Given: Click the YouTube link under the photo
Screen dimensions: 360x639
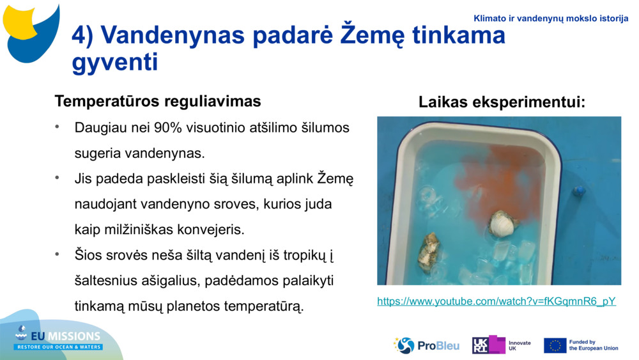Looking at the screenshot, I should (x=496, y=301).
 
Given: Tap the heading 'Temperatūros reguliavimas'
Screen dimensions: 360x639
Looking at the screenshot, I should (x=158, y=102).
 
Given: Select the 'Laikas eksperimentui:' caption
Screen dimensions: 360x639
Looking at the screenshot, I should (x=502, y=102).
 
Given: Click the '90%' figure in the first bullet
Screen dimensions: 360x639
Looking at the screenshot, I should (x=167, y=127).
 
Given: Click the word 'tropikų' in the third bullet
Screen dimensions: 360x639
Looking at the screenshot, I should (x=304, y=255).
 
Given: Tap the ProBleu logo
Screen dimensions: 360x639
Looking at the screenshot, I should (x=426, y=345).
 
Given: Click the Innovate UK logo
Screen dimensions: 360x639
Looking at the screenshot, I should (x=501, y=345).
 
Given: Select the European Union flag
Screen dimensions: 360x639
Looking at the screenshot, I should (x=555, y=345).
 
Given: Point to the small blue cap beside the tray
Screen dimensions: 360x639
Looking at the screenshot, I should (x=579, y=191).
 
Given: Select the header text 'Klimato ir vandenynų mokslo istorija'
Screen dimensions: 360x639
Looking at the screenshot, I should (x=551, y=19).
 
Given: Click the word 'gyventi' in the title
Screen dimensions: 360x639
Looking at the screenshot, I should (x=115, y=63).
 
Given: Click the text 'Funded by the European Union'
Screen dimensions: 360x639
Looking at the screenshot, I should (x=594, y=345).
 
